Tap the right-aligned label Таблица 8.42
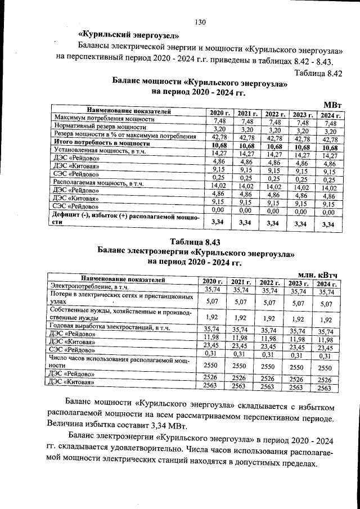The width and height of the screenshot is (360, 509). [318, 73]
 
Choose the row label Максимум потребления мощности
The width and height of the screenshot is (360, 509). [104, 120]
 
